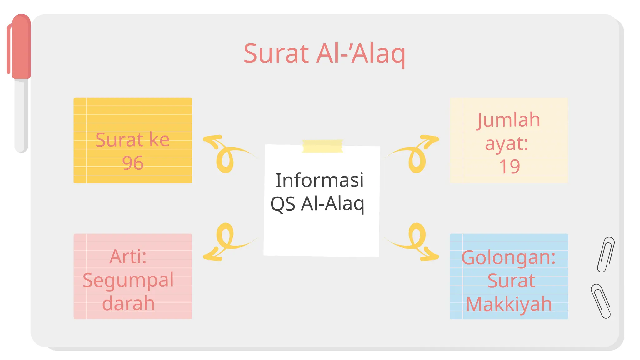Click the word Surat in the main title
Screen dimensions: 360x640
click(x=276, y=54)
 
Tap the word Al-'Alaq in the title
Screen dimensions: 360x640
click(x=361, y=54)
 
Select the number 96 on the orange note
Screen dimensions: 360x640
click(x=132, y=163)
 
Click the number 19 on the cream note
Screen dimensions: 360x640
click(x=509, y=167)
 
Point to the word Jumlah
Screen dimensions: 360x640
click(x=509, y=120)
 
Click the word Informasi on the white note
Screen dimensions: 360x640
click(x=319, y=180)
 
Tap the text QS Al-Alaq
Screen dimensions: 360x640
click(x=317, y=204)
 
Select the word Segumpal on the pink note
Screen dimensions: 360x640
click(x=128, y=280)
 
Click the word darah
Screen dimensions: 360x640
click(x=128, y=303)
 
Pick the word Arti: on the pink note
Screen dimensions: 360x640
click(x=128, y=257)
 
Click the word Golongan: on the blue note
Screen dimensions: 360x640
click(x=508, y=257)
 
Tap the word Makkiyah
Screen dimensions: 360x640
click(x=509, y=304)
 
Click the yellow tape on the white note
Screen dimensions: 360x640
click(x=322, y=146)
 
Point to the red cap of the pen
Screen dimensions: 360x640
click(x=21, y=47)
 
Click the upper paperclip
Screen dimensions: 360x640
click(x=606, y=255)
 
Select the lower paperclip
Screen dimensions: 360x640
click(x=601, y=301)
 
